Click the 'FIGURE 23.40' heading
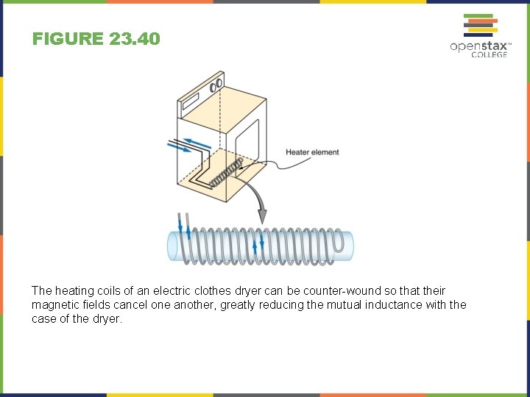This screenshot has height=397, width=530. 96,38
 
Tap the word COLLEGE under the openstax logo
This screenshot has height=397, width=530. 490,55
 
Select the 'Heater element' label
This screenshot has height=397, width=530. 312,152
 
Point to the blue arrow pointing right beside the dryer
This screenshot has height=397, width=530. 179,148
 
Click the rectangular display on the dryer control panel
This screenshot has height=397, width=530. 191,99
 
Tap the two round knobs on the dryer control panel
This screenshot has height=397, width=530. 216,86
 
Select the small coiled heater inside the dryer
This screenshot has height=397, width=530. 225,172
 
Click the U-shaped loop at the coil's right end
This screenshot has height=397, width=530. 340,243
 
